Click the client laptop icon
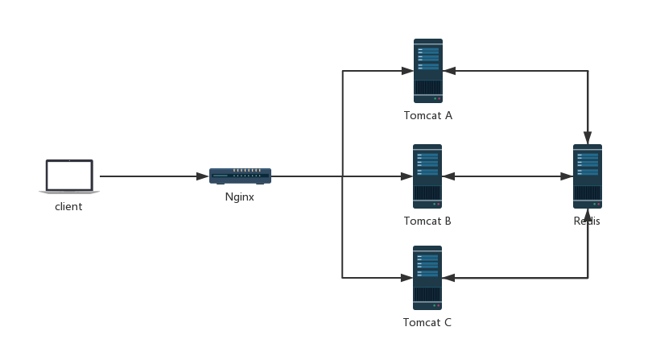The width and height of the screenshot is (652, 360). tap(69, 177)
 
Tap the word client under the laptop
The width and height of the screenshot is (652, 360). tap(68, 207)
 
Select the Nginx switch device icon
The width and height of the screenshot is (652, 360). tap(240, 176)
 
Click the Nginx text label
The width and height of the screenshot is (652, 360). tap(240, 197)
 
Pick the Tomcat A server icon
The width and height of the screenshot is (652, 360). tap(428, 71)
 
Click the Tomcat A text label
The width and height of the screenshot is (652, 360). tap(427, 116)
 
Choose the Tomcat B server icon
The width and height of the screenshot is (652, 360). tap(427, 176)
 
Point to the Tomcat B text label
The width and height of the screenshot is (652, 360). tap(427, 221)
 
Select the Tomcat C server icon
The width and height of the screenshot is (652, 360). tap(427, 278)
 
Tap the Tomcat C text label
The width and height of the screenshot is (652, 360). tap(427, 323)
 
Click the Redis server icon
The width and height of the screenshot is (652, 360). tap(587, 176)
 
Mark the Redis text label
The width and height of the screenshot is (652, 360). tap(587, 221)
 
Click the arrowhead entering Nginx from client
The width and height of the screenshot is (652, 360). tap(202, 176)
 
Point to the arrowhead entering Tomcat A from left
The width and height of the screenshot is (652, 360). tap(407, 71)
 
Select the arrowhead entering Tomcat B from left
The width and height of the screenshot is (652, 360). tap(407, 176)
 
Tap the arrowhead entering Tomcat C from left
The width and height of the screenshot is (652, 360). tap(407, 278)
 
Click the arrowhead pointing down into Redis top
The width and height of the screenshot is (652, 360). tap(588, 138)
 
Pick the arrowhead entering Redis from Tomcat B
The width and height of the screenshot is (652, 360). tap(567, 176)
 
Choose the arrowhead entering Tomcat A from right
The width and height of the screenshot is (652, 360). tap(449, 71)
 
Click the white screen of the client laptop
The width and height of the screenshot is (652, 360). tap(69, 174)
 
